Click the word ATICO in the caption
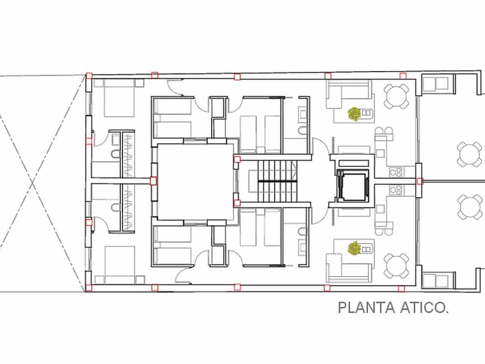click(x=424, y=308)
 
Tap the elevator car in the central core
click(x=352, y=185)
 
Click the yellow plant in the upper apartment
click(x=354, y=113)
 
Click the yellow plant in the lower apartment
click(x=354, y=248)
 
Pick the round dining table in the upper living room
click(x=396, y=96)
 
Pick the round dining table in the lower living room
click(x=396, y=265)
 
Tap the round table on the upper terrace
click(x=469, y=154)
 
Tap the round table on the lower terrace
click(x=469, y=207)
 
